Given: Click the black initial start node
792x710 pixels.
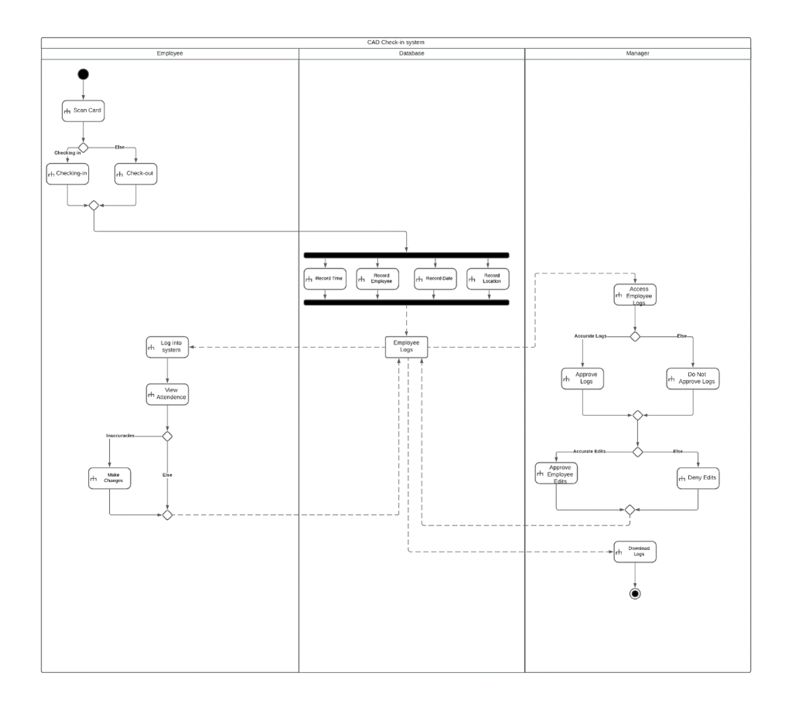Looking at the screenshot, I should point(83,74).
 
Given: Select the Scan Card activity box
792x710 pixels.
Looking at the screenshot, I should point(83,110).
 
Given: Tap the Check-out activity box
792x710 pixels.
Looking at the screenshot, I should point(135,174).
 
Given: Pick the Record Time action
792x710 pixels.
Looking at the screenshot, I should point(324,278).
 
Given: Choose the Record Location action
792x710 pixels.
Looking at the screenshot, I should point(487,278).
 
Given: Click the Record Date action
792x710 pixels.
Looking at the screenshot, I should point(434,278).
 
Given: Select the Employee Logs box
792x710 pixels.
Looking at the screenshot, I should point(406,347).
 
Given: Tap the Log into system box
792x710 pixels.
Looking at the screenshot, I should point(167,347).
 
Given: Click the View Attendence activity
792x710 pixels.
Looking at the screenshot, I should point(167,394).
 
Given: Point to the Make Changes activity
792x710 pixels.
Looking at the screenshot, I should point(108,477).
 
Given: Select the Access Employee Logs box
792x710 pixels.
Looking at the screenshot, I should point(634,295).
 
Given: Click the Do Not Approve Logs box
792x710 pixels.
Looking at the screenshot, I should point(693,378).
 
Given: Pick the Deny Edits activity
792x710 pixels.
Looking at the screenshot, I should point(698,478).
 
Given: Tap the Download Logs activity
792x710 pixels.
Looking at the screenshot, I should point(634,552).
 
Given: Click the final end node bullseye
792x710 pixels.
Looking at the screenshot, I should point(635,593).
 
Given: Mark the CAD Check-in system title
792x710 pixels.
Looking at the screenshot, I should point(395,42).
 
